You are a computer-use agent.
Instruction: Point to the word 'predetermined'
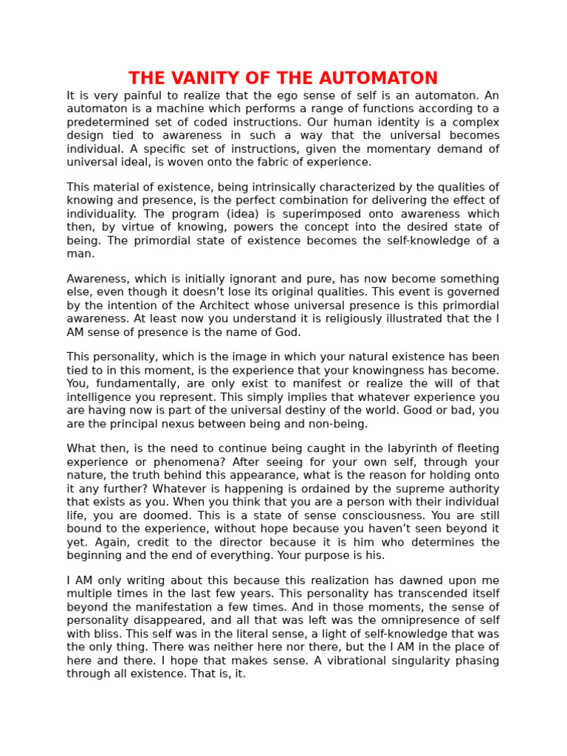pyautogui.click(x=106, y=123)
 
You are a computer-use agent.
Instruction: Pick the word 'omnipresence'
pyautogui.click(x=409, y=621)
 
